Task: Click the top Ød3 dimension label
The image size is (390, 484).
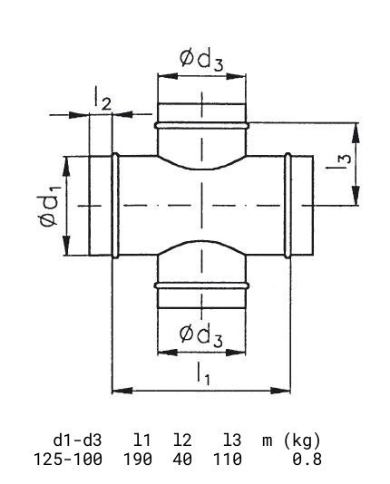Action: (201, 60)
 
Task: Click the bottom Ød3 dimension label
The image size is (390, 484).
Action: (200, 336)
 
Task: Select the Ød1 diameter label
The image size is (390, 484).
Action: (49, 206)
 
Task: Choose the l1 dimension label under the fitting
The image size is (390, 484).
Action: (203, 373)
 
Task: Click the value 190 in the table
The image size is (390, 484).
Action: (138, 459)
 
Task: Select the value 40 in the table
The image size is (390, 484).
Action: (182, 459)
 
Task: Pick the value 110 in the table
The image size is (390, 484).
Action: (228, 459)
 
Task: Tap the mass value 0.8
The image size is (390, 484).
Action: (307, 459)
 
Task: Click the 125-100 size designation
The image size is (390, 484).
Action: (68, 459)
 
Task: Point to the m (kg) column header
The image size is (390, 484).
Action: (291, 440)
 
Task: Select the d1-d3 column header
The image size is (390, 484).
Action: (77, 440)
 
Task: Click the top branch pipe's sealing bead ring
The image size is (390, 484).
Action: (201, 125)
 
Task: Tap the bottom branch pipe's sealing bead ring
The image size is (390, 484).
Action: (201, 286)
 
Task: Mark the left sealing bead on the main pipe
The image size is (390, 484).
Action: (115, 206)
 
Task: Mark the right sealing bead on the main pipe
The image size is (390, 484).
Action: (288, 206)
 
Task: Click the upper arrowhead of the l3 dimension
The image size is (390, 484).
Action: (356, 132)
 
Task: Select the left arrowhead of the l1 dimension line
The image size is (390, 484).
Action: (122, 391)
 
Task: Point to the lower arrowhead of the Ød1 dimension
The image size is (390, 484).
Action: (67, 245)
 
